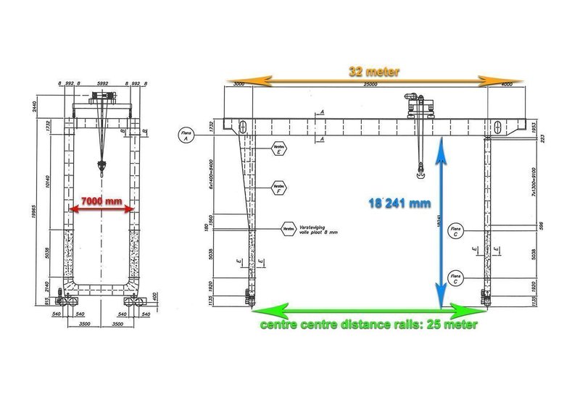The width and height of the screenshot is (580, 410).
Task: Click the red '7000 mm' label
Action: coord(101,199)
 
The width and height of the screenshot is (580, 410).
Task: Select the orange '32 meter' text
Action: coord(373,71)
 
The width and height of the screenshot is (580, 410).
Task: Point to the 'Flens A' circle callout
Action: coord(186,135)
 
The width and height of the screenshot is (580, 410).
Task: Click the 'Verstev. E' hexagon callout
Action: coord(278,150)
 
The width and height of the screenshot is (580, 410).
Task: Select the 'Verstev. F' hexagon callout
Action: coord(278,189)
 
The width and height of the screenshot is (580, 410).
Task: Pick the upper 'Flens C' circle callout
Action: coord(456,231)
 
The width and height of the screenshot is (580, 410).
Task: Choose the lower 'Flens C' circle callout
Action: coord(456,277)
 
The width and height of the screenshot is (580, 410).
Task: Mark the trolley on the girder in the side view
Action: coord(417,106)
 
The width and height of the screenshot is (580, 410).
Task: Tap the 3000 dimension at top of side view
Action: coord(239,85)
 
